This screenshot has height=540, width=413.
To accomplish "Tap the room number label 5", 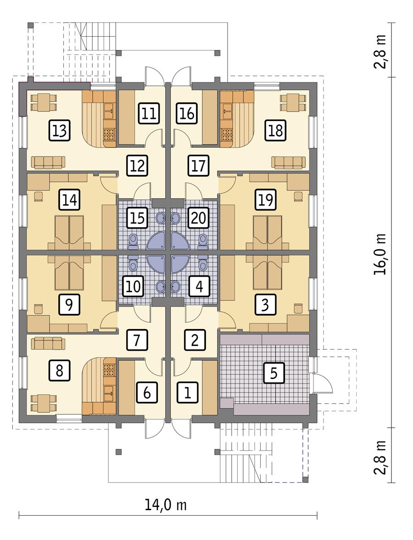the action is tap(274, 373).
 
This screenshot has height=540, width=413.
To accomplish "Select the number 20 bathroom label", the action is tap(198, 217).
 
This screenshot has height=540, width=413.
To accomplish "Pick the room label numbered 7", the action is tap(137, 340).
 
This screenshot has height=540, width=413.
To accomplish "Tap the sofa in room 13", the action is tap(48, 161).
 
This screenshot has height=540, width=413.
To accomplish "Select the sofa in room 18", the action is tap(288, 161).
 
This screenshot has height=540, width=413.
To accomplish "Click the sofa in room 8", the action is tap(48, 343).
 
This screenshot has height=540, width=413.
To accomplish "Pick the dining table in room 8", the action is tap(44, 403).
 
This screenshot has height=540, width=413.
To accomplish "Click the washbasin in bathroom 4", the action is tap(176, 285).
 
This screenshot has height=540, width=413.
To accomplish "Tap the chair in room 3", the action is tap(298, 307).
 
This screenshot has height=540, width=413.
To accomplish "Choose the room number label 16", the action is tap(187, 113).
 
